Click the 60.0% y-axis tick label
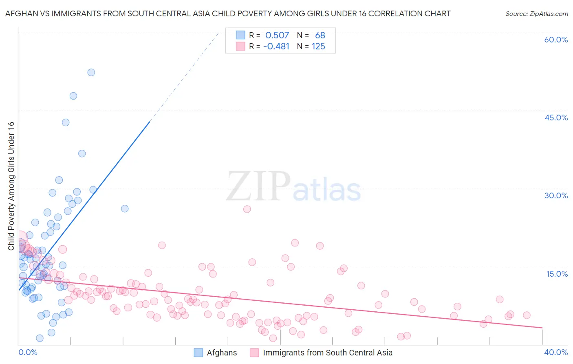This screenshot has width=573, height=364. click(555, 40)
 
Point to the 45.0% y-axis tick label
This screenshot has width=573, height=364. click(556, 118)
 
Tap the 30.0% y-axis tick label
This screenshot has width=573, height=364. click(556, 195)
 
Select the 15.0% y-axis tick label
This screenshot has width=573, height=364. click(557, 274)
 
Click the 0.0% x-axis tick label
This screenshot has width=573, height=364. click(28, 352)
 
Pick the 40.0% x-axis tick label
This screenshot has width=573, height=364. click(555, 352)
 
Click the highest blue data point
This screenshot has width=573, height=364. click(91, 72)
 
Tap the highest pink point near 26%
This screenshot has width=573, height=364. click(247, 209)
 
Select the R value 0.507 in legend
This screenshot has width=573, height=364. click(277, 36)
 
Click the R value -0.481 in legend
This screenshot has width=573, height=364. click(276, 47)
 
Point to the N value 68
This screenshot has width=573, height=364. click(320, 36)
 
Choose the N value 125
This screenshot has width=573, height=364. click(318, 47)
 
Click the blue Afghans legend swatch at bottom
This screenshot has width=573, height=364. click(198, 353)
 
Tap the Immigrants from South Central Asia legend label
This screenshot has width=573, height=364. click(328, 353)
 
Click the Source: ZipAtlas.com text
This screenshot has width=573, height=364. click(536, 13)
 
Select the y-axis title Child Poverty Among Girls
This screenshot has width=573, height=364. click(11, 186)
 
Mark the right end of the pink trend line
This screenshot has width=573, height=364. click(542, 328)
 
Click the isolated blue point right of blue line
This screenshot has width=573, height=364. click(125, 209)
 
